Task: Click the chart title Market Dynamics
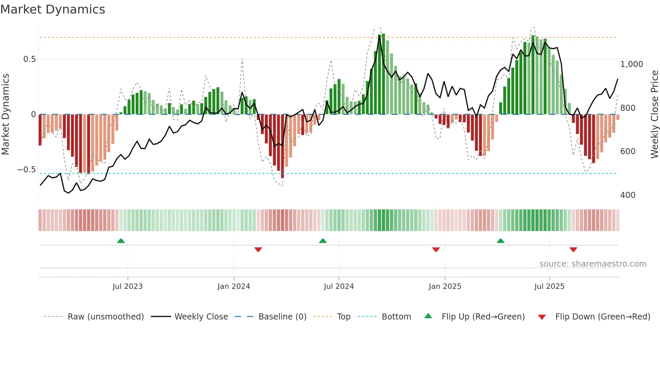pos(53,9)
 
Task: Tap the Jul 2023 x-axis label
pos(128,286)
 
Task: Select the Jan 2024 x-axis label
pos(234,286)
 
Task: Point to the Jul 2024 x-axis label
pos(339,286)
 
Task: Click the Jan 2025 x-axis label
pos(445,286)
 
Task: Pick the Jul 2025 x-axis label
pos(549,286)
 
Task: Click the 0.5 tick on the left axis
pos(30,59)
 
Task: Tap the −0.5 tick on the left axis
pos(27,170)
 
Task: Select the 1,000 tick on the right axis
pos(631,64)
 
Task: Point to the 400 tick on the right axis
pos(628,195)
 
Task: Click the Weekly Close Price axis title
pos(654,114)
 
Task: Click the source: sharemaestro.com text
pos(593,264)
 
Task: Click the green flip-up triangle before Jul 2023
pos(121,241)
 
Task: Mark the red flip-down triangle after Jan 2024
pos(258,249)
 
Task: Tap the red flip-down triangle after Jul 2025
pos(573,249)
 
